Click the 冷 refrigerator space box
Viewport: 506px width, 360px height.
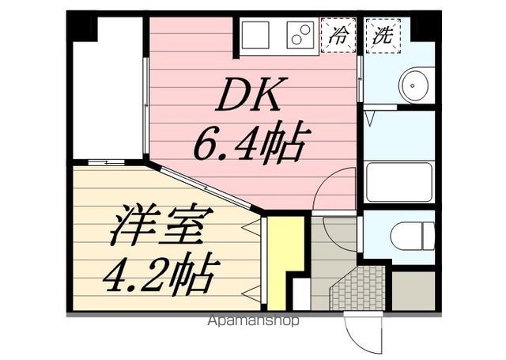coord(338,36)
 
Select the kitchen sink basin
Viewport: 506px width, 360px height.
coord(256,36)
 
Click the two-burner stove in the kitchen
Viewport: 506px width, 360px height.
coord(299,36)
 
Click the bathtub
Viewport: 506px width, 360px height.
coord(399,182)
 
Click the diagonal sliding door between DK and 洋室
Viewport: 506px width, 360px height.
coord(206,187)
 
